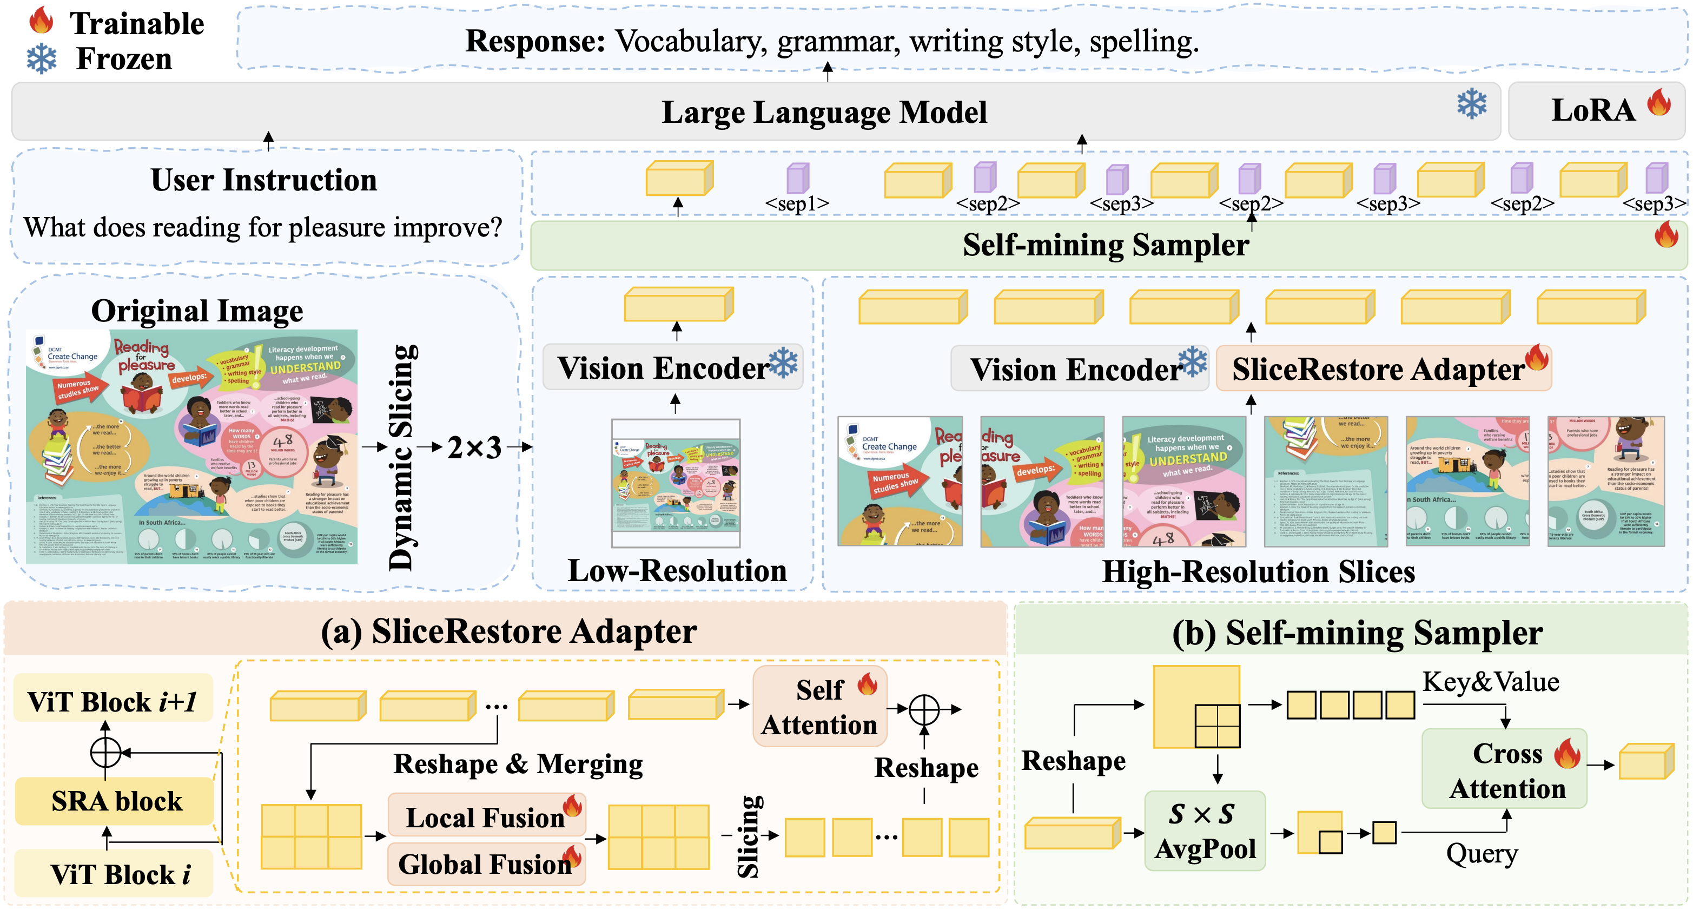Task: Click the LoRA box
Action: tap(1596, 110)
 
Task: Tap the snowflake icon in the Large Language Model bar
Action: tap(1472, 104)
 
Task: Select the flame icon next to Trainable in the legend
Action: tap(41, 21)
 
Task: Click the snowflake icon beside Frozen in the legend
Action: tap(42, 59)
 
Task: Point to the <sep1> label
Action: tap(797, 204)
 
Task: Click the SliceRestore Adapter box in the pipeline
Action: tap(1384, 368)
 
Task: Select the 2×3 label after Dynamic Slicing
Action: tap(474, 447)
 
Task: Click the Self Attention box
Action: tap(819, 707)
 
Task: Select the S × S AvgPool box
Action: tap(1205, 831)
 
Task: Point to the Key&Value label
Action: tap(1491, 682)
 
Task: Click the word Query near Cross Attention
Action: tap(1482, 854)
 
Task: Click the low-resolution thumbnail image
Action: tap(675, 483)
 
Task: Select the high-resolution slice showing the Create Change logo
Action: tap(900, 481)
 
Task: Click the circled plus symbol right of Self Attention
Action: tap(923, 709)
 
